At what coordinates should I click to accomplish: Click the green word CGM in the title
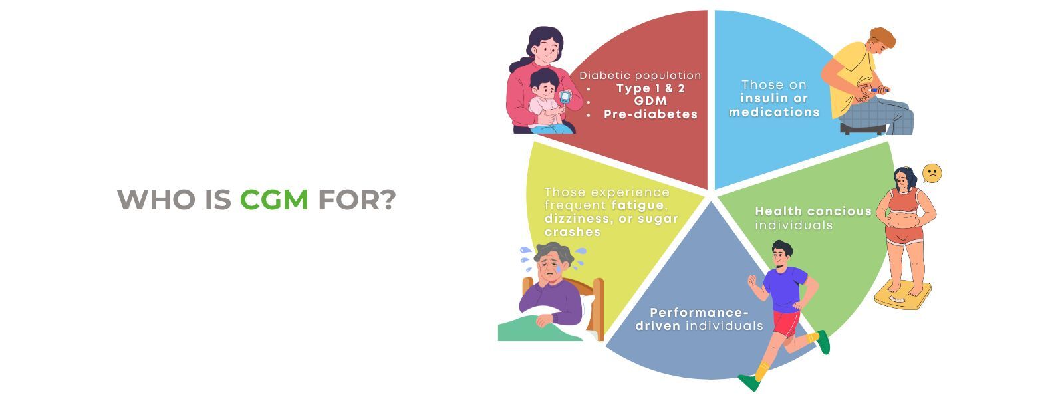[274, 199]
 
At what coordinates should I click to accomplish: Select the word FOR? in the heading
[356, 199]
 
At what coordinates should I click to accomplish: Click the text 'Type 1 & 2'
[650, 88]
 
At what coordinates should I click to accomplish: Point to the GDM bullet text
[650, 100]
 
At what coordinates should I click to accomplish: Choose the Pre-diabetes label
[650, 114]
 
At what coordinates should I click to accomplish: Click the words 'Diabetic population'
[640, 76]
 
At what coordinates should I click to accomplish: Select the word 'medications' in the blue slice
[774, 112]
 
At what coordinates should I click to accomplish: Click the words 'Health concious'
[813, 211]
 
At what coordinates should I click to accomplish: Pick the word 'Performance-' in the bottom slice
[699, 312]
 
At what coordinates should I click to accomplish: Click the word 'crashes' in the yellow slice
[573, 232]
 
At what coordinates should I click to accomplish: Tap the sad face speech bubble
[932, 174]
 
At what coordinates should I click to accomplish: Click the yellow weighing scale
[902, 295]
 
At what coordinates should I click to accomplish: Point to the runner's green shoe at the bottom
[749, 382]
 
